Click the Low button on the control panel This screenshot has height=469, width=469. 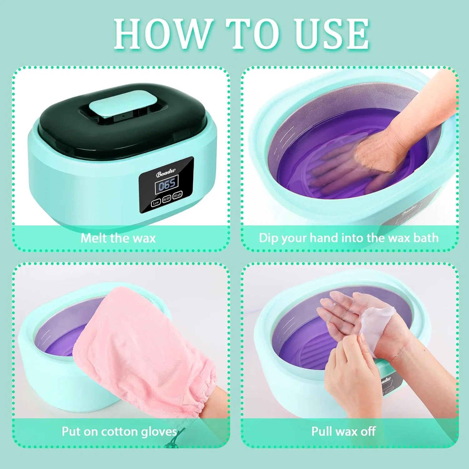click(x=156, y=203)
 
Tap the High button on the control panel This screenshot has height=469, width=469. click(x=178, y=195)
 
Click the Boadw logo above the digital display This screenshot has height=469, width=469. click(x=166, y=173)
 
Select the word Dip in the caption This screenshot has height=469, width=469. click(x=269, y=238)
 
